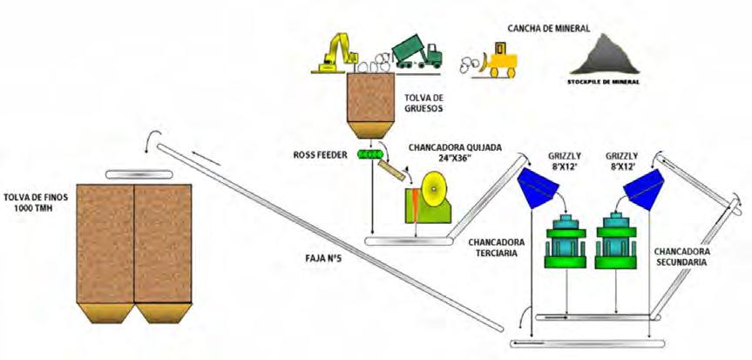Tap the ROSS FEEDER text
tap(322, 155)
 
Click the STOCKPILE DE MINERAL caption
tap(601, 82)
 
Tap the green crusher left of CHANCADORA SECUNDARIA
tap(620, 239)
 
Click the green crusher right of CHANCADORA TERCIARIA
tap(566, 239)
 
